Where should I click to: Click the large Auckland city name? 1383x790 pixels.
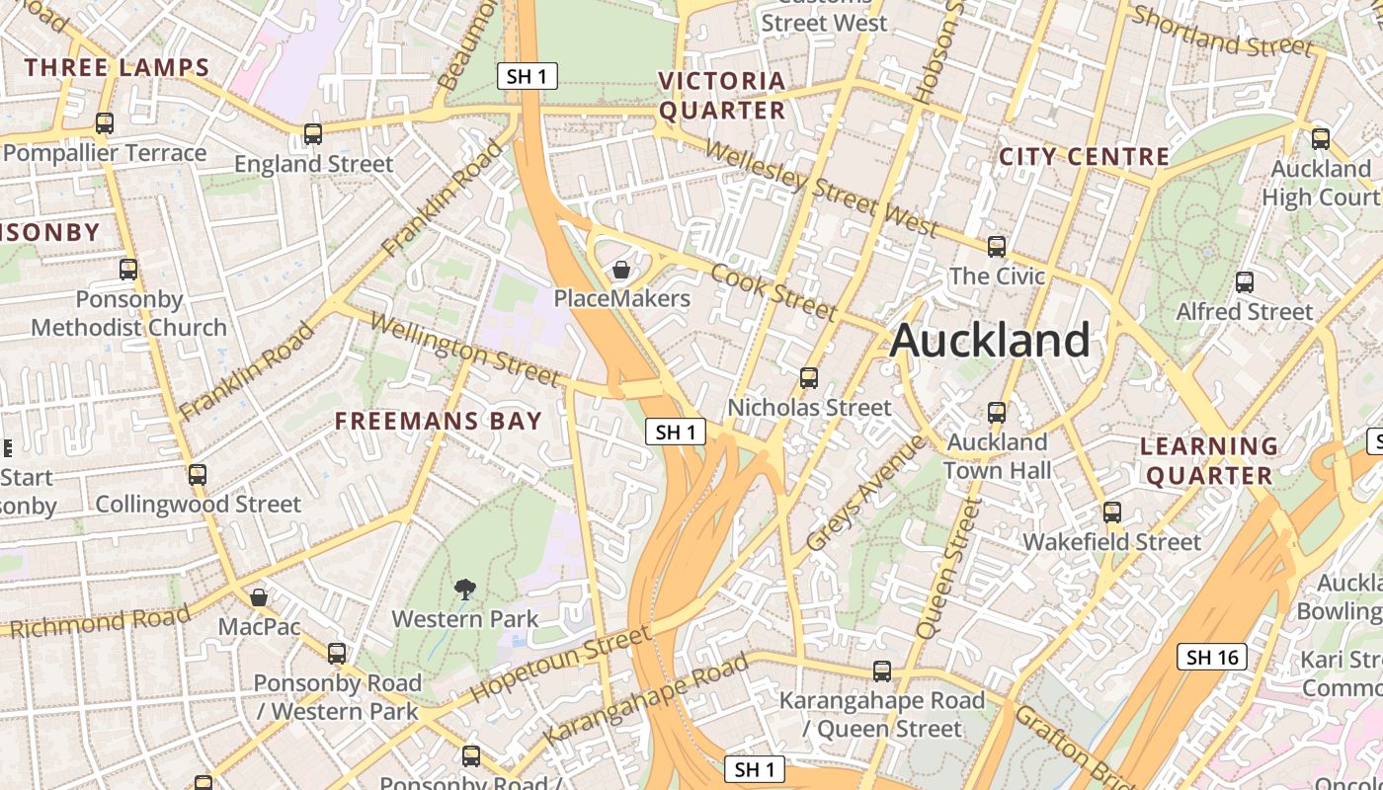click(x=990, y=341)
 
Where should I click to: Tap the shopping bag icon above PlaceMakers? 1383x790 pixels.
click(x=621, y=270)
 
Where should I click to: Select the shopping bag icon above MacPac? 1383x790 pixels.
click(x=259, y=597)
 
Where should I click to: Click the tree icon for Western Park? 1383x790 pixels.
click(x=464, y=591)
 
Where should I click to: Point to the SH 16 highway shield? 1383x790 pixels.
click(x=1212, y=657)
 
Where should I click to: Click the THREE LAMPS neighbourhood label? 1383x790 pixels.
click(x=118, y=68)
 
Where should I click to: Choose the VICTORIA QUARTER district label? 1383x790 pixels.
click(x=722, y=96)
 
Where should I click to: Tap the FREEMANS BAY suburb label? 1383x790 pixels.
click(x=439, y=421)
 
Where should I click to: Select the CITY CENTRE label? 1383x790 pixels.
click(x=1084, y=157)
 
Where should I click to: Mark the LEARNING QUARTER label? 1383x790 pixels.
click(x=1209, y=461)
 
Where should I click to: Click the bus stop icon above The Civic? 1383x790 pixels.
click(x=997, y=247)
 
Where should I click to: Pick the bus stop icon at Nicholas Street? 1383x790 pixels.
click(x=809, y=378)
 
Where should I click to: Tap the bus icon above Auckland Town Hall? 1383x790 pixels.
click(x=997, y=413)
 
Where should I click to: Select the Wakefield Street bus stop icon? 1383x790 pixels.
click(x=1112, y=513)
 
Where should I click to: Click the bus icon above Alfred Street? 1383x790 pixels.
click(x=1245, y=282)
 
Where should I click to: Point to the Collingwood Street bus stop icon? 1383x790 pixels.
click(x=198, y=475)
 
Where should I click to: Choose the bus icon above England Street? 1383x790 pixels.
click(x=313, y=134)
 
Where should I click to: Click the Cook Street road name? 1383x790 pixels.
click(x=773, y=291)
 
